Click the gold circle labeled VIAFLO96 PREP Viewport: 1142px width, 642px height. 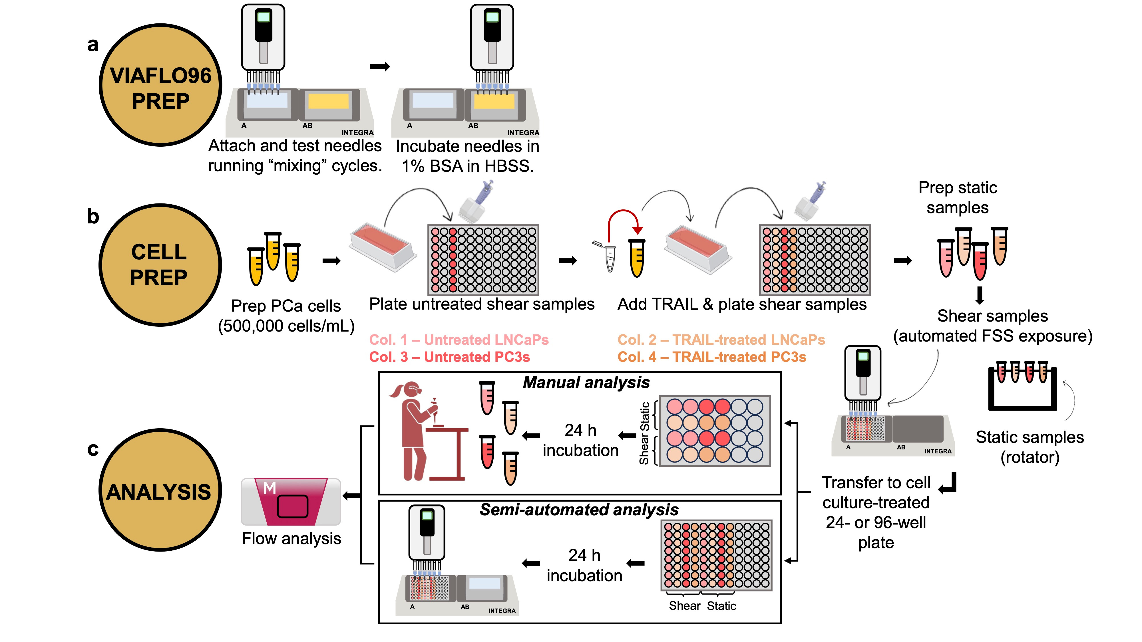160,85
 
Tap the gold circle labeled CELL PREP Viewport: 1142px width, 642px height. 160,265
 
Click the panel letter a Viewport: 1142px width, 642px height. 93,44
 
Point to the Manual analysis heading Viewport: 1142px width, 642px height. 586,382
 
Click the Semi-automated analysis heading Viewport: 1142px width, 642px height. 579,510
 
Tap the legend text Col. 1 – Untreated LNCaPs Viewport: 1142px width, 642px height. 459,340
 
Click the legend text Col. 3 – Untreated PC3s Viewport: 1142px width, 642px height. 450,357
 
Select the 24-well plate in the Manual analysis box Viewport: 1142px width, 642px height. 715,431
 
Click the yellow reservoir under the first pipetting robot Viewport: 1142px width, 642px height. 329,102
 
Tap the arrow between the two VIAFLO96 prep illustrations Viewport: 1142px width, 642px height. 380,66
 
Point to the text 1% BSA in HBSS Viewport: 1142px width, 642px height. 468,166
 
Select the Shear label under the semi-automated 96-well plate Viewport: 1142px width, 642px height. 685,606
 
